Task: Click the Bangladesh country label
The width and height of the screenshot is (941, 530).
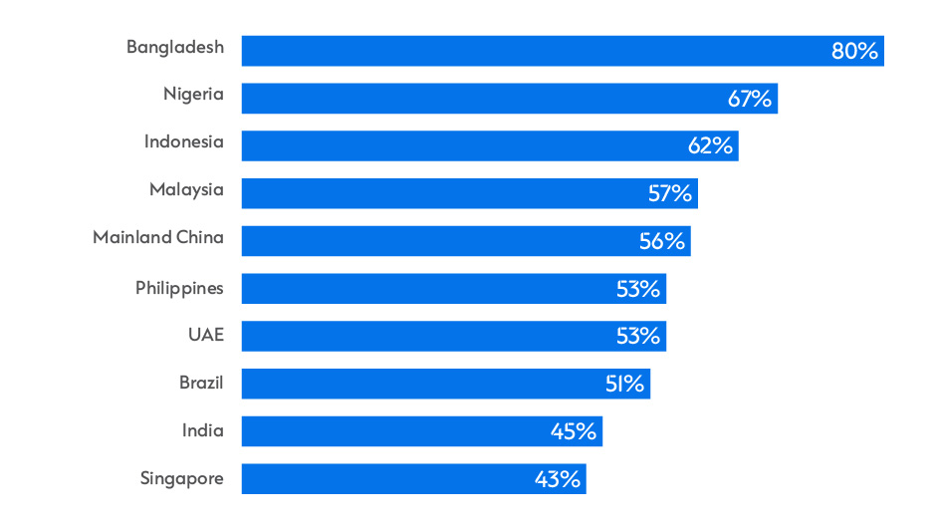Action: point(175,47)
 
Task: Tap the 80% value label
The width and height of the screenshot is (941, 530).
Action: point(854,52)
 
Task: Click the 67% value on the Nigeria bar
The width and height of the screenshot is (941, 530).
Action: point(749,99)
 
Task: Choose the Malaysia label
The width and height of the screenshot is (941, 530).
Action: point(186,189)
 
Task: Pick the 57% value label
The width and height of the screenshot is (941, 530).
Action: point(669,193)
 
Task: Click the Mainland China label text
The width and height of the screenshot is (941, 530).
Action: point(158,237)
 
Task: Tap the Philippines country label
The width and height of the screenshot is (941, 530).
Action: point(179,288)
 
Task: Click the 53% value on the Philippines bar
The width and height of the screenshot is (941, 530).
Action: point(637,289)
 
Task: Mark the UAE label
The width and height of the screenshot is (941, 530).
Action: point(206,335)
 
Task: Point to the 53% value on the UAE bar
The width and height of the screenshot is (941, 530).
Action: point(637,336)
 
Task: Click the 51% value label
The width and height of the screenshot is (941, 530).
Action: point(624,384)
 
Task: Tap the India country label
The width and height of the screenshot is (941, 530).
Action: point(202,430)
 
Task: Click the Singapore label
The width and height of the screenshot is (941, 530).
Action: point(182,479)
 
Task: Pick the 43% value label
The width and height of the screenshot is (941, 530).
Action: point(557,479)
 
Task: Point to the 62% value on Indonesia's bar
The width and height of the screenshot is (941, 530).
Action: point(710,145)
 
